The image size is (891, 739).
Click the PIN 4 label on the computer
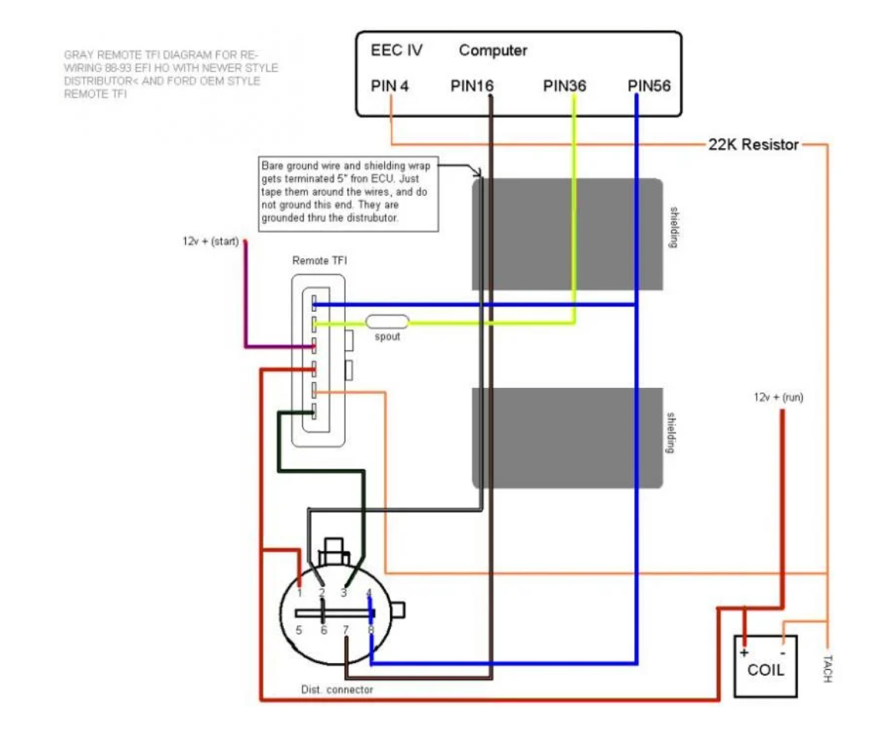390,86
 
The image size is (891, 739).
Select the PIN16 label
472,86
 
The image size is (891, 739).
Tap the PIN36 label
565,86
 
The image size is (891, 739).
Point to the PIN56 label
649,86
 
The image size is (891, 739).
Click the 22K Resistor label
753,144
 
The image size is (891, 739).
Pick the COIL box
765,667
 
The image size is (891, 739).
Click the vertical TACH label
827,668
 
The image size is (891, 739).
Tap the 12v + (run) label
779,398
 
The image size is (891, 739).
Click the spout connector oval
387,323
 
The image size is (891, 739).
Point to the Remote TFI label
319,261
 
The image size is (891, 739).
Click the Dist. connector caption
336,690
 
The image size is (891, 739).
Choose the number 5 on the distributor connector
300,630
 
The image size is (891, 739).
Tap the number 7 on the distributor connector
346,630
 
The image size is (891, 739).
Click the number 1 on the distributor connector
300,593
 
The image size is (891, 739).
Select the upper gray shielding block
567,234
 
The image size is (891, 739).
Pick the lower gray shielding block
567,438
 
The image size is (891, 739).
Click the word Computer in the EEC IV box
493,51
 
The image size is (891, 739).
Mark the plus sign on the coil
744,652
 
